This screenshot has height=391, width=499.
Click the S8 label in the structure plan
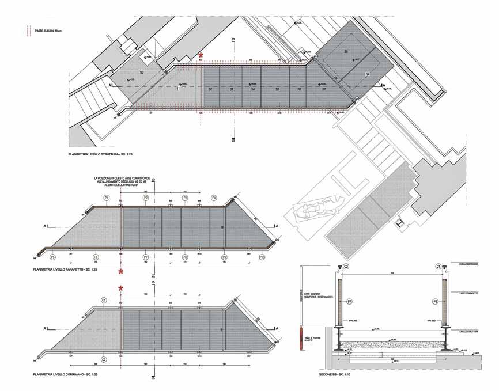pos(346,52)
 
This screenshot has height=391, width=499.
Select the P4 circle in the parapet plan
pos(214,198)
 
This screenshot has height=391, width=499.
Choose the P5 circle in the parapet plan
pos(53,257)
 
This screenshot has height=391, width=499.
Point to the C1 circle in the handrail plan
pos(104,300)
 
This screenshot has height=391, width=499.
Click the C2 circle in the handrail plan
pos(104,360)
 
